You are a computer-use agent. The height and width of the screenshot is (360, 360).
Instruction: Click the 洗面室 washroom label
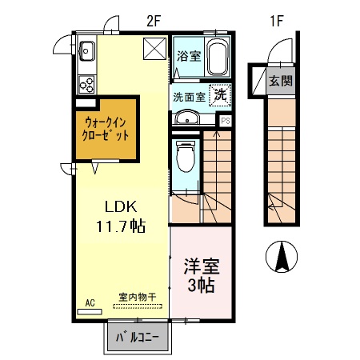[x=189, y=97]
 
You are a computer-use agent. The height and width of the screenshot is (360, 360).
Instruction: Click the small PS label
[x=226, y=122]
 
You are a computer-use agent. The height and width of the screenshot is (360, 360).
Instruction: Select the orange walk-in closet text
[x=107, y=129]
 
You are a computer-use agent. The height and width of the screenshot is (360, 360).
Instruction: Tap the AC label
[x=90, y=302]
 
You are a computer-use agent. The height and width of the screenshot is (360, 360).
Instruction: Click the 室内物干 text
[x=137, y=298]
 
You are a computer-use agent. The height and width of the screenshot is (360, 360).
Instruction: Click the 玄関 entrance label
[x=279, y=80]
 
